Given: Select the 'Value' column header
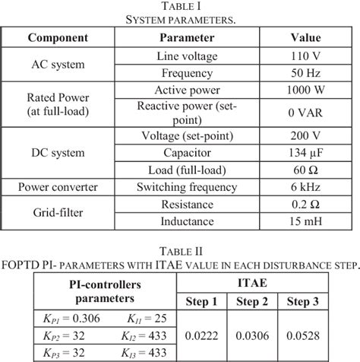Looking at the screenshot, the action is (x=306, y=37).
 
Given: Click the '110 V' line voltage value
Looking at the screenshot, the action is (x=306, y=56).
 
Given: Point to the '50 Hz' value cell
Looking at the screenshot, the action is (x=306, y=73).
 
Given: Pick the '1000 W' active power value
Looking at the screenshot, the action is (x=306, y=90).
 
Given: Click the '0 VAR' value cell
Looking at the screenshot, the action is (x=306, y=113).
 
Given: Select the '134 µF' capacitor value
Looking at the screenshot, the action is (x=306, y=153).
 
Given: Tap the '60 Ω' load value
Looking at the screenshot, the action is (x=306, y=170).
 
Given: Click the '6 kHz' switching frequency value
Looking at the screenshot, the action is (x=306, y=187).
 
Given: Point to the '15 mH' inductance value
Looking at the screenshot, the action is (x=306, y=221).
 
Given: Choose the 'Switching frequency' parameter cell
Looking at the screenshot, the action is (x=187, y=187).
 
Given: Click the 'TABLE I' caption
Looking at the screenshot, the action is (x=180, y=7).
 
